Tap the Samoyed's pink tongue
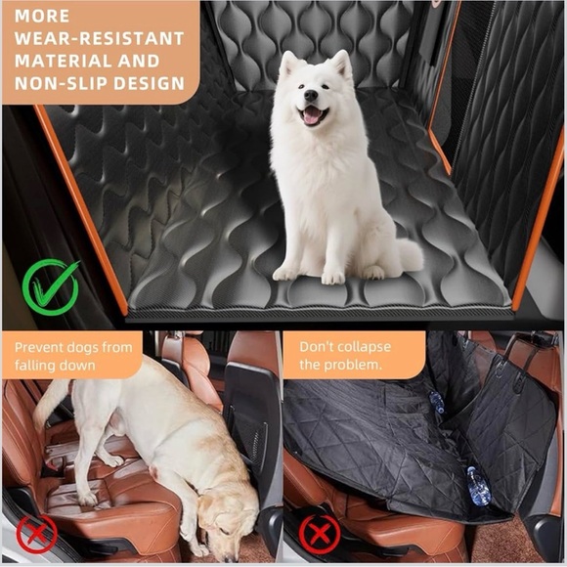pyautogui.click(x=312, y=114)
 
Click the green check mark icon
pyautogui.click(x=52, y=286)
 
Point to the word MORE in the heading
pyautogui.click(x=42, y=17)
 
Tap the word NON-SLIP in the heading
pyautogui.click(x=55, y=84)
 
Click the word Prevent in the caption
pyautogui.click(x=41, y=346)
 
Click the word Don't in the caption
pyautogui.click(x=318, y=346)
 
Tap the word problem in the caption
pyautogui.click(x=355, y=365)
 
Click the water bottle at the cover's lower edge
pyautogui.click(x=477, y=485)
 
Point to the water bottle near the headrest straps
pyautogui.click(x=436, y=404)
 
